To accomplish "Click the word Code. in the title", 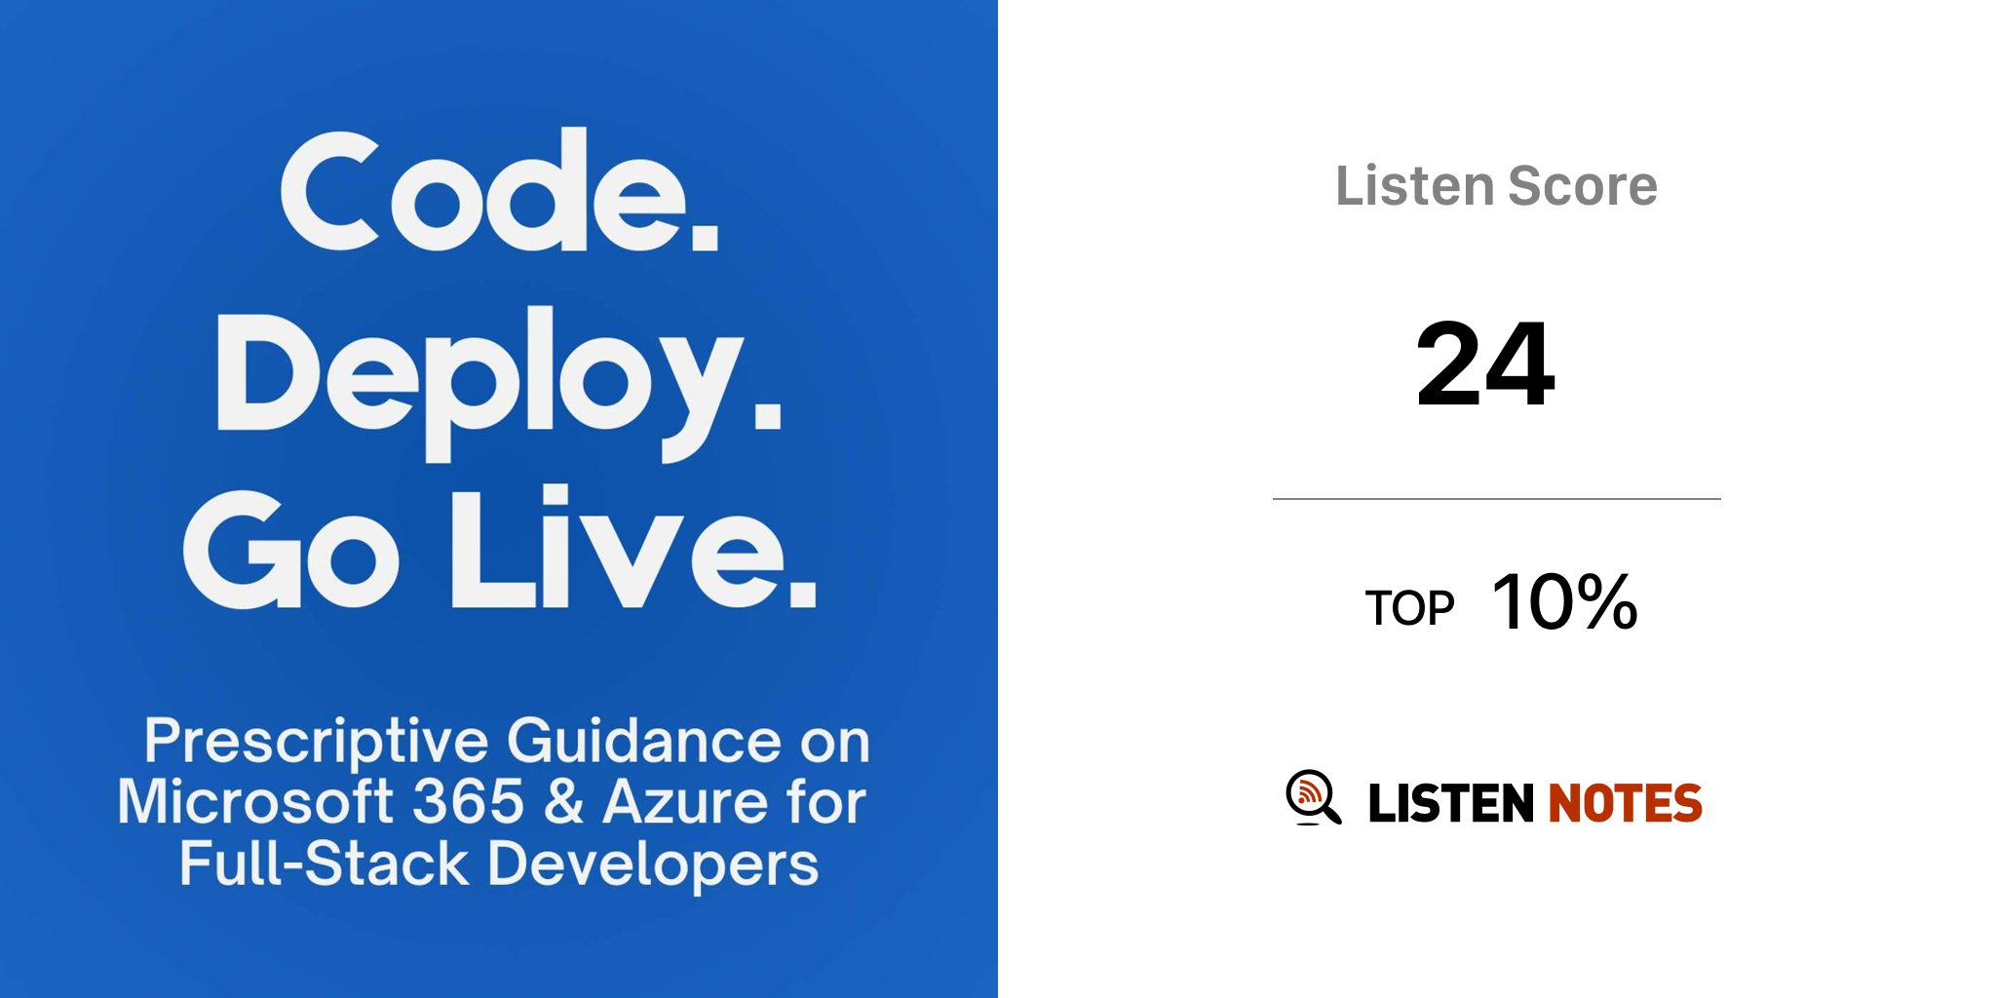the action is tap(500, 189).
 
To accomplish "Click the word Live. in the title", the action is tap(633, 546).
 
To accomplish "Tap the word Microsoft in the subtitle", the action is tap(255, 801).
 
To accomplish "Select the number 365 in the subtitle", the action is tap(469, 801).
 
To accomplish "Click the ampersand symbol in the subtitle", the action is tap(564, 801).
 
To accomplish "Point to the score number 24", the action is tap(1485, 365).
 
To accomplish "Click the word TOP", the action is tap(1409, 608).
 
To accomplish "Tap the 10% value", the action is tap(1564, 602).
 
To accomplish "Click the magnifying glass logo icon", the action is tap(1313, 797).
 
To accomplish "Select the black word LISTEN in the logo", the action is tap(1451, 803).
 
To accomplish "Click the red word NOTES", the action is tap(1626, 803).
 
